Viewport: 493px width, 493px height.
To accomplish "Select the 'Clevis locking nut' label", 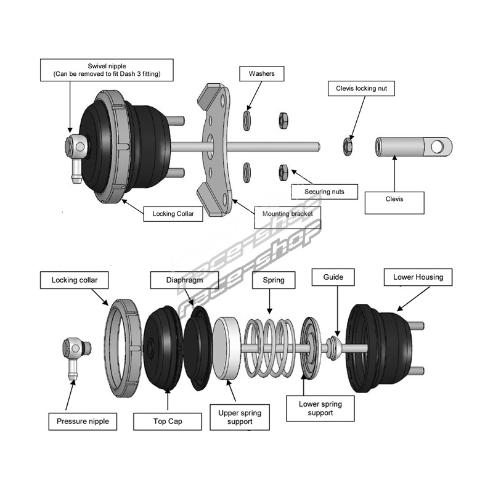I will pyautogui.click(x=361, y=89).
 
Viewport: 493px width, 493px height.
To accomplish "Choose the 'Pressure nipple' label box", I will pyautogui.click(x=82, y=422).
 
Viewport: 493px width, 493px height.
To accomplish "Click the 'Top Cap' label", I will pyautogui.click(x=168, y=422).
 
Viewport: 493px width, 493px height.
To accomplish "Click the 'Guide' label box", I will pyautogui.click(x=333, y=278).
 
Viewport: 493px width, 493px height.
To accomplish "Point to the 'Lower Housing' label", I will pyautogui.click(x=418, y=277).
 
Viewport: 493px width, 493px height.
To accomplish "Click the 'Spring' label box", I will pyautogui.click(x=274, y=280).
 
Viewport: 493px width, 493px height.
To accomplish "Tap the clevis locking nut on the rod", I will pyautogui.click(x=348, y=145).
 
